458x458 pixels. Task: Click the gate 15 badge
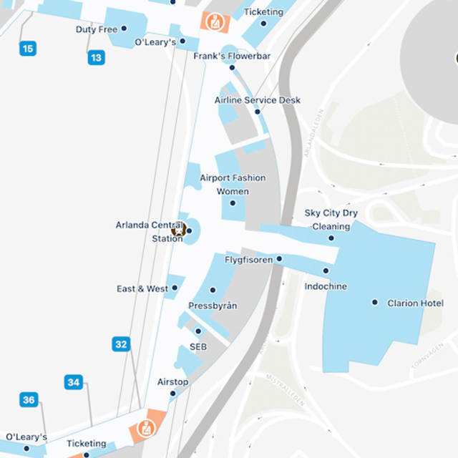[27, 49]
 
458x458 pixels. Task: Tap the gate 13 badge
[97, 58]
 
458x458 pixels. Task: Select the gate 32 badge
[121, 344]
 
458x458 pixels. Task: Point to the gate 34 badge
[74, 382]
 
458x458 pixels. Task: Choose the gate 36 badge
[29, 400]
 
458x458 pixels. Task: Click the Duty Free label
[97, 29]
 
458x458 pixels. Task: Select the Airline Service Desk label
[258, 100]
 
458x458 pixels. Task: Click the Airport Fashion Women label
[233, 185]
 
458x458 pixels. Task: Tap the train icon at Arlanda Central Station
[178, 230]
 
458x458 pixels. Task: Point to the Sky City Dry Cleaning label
[331, 220]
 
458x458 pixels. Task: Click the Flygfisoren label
[248, 260]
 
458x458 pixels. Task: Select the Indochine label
[326, 286]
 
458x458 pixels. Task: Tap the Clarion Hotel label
[415, 303]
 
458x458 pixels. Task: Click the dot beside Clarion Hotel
[374, 303]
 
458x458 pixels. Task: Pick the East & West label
[142, 289]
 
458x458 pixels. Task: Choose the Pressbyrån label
[213, 306]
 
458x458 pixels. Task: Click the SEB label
[198, 346]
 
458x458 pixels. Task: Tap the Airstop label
[173, 382]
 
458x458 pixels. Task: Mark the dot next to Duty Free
[124, 29]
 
